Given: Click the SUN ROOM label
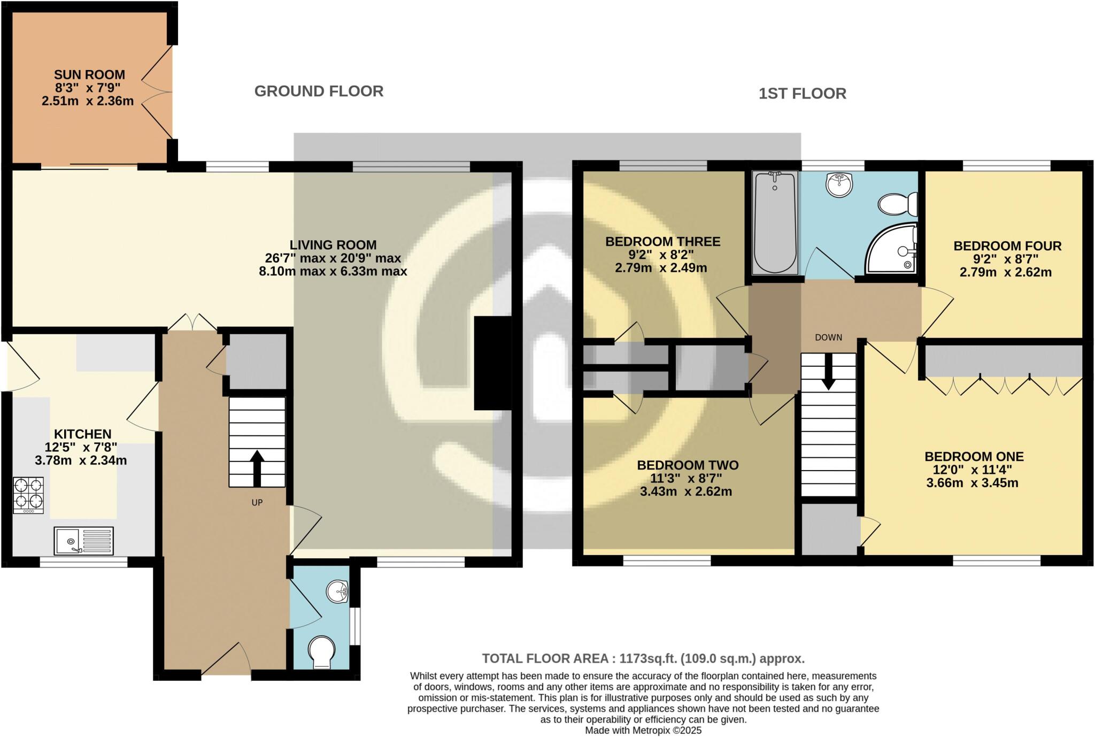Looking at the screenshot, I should [x=89, y=75].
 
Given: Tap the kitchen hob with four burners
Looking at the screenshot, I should [x=28, y=495].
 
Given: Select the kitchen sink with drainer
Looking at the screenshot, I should [x=83, y=541].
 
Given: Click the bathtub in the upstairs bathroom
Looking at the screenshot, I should [x=774, y=222].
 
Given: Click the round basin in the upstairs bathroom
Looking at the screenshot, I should [x=839, y=185].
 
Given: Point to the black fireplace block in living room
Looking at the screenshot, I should [x=492, y=363].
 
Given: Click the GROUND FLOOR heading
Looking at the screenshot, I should [x=319, y=91].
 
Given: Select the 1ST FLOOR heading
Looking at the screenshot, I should [x=802, y=94].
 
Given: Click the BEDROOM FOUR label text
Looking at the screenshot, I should [x=1007, y=246].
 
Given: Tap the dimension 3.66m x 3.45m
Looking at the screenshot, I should [x=972, y=483].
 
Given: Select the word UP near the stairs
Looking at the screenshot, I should [x=257, y=503].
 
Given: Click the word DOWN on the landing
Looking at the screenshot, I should [x=828, y=337].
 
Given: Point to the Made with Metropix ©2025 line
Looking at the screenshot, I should [x=643, y=730].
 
